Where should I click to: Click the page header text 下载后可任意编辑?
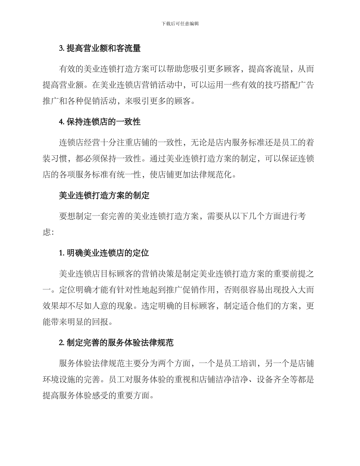(180, 23)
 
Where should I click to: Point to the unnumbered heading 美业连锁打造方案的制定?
(104, 195)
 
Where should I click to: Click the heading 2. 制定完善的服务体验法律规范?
(116, 343)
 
